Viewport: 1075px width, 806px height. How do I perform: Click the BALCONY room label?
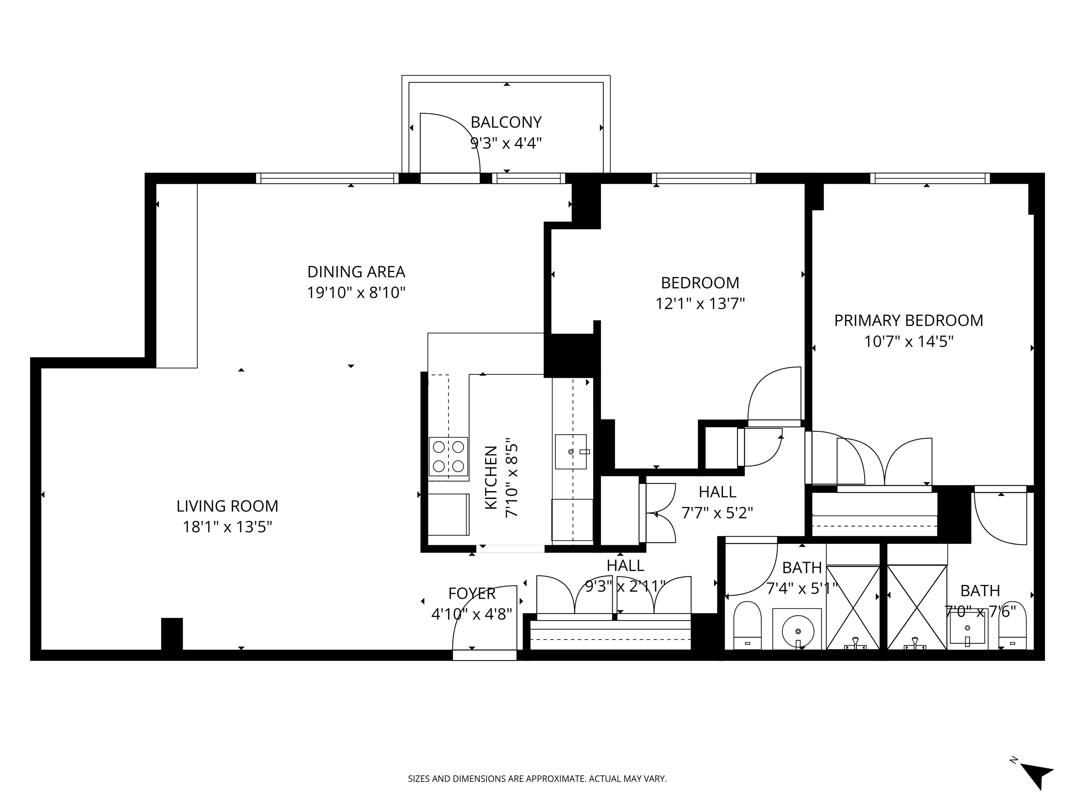point(506,122)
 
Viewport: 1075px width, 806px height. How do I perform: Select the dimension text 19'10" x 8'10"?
point(356,292)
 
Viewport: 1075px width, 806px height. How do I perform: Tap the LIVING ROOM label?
point(227,506)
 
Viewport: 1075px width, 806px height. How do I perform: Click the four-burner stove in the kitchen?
point(448,457)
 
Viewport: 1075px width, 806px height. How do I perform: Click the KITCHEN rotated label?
point(491,478)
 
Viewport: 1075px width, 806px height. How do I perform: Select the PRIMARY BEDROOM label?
point(908,321)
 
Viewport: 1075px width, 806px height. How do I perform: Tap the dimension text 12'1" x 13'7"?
point(700,304)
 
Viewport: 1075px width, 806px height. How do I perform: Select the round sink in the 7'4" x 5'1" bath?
point(798,631)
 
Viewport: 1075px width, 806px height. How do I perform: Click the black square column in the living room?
point(172,634)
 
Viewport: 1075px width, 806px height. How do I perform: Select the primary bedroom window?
point(930,178)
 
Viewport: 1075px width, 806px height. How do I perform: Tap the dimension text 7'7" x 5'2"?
point(717,513)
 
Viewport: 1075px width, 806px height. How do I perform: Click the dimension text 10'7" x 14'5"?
point(908,341)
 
